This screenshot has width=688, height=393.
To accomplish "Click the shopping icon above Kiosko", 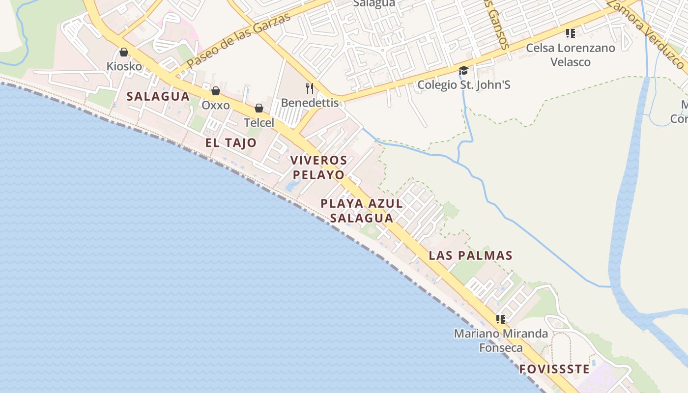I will click(124, 52).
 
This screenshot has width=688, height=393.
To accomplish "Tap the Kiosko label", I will click(124, 66).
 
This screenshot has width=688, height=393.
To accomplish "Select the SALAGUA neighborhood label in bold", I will click(158, 96).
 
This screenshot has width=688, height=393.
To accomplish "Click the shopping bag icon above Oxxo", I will click(215, 91).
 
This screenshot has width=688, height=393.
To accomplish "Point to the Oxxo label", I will click(216, 105).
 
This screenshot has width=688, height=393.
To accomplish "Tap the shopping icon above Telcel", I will click(259, 108).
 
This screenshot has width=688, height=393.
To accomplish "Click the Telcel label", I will click(259, 122).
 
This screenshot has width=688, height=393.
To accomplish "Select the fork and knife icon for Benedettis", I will click(310, 88).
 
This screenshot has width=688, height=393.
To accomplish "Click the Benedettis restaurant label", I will click(310, 103).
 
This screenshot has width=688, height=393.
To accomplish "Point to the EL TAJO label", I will click(231, 143).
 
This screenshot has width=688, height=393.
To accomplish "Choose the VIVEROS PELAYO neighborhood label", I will click(318, 167).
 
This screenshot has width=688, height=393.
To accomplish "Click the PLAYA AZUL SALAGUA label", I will click(362, 210).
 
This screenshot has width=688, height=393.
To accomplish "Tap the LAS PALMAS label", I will click(470, 255).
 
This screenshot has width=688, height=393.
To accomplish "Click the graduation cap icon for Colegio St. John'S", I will click(463, 71).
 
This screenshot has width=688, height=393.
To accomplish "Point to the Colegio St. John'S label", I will click(463, 85).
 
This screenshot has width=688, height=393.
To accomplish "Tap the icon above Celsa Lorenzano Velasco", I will click(570, 33).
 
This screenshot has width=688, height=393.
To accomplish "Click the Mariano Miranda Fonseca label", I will click(501, 340).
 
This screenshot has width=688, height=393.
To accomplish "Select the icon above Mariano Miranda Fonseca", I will click(501, 319).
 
